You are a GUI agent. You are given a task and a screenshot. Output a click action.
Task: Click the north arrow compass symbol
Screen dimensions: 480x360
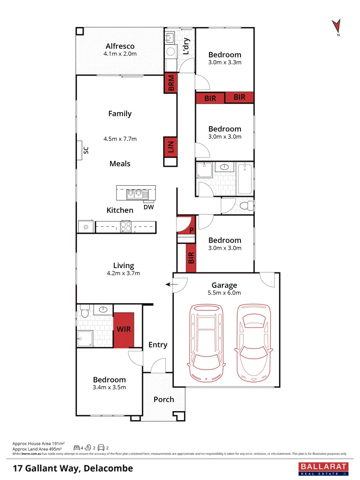click(x=337, y=27)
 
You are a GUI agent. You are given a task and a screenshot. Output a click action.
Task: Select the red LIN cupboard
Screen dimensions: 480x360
click(x=171, y=146)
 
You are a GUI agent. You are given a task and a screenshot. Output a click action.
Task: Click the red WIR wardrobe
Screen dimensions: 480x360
click(x=124, y=329)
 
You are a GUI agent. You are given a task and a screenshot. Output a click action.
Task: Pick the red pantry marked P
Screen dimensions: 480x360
click(x=186, y=225)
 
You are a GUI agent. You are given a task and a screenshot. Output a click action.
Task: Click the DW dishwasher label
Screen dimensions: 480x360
click(x=148, y=206)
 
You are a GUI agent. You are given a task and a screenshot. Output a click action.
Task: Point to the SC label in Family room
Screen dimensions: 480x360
click(x=86, y=150)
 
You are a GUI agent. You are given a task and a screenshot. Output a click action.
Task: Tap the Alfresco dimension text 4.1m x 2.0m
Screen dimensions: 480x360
click(x=120, y=54)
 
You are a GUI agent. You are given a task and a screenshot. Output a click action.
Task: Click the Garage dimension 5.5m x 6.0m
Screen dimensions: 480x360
click(x=224, y=292)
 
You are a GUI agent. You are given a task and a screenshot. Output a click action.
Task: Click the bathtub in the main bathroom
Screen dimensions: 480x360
click(x=244, y=179)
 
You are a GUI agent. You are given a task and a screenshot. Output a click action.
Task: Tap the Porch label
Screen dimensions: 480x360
click(x=164, y=399)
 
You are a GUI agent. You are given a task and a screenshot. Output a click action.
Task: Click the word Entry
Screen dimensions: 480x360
click(x=158, y=344)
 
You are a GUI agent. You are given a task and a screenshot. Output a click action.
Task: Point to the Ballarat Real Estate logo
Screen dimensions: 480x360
click(x=324, y=468)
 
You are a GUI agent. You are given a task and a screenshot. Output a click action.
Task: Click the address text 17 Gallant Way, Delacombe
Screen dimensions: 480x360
click(x=73, y=468)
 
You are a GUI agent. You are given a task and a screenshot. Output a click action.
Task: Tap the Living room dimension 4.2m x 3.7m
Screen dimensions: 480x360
click(x=123, y=273)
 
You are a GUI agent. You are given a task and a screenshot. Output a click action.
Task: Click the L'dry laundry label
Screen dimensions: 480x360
click(x=186, y=47)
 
